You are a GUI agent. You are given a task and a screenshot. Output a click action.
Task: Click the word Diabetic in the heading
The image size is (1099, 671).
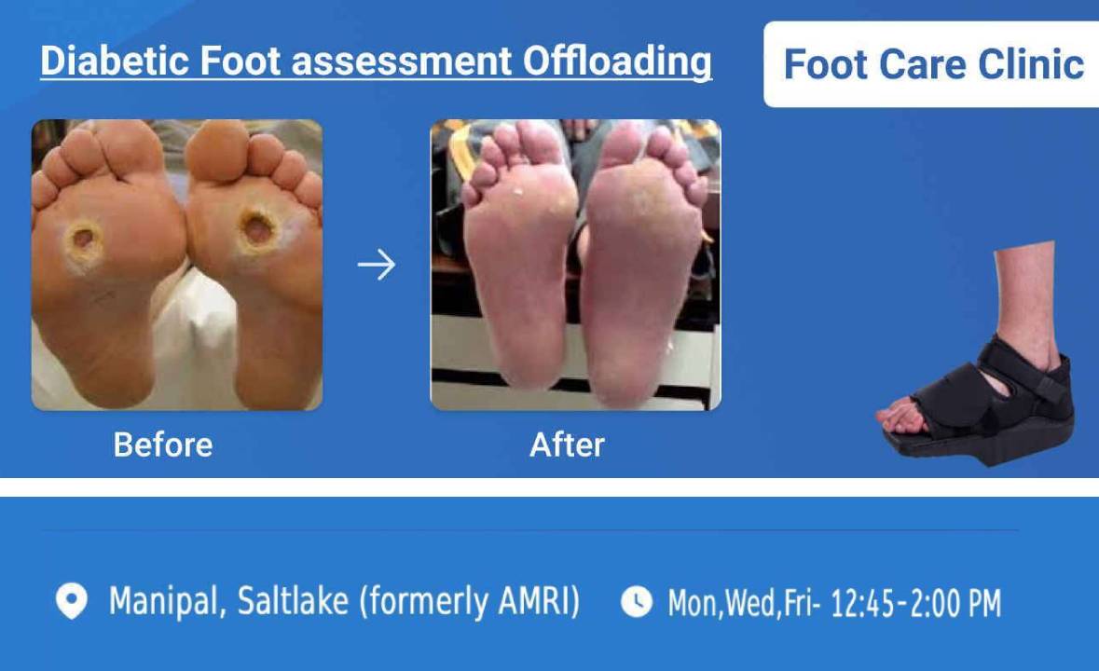click(114, 61)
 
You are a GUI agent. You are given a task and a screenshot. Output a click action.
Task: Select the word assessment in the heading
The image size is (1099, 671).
click(402, 61)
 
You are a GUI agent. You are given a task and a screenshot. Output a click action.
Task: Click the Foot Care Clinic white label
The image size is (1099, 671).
click(931, 64)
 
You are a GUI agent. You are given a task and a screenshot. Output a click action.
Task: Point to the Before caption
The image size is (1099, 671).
click(162, 445)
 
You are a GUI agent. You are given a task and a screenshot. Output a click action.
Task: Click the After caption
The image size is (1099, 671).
click(567, 445)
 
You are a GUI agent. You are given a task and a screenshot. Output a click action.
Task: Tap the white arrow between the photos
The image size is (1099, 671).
click(377, 265)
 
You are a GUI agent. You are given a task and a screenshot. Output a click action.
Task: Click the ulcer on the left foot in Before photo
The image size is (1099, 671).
click(84, 239)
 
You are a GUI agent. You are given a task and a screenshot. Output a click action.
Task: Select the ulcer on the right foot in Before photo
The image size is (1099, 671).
click(257, 229)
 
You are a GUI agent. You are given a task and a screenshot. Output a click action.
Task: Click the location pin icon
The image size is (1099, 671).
click(71, 601)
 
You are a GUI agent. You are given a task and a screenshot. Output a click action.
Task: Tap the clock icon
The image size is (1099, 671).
click(637, 602)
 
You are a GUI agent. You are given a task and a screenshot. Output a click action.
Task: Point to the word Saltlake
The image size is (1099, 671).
click(293, 601)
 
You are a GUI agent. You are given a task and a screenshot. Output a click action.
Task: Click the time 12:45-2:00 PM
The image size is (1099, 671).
click(915, 603)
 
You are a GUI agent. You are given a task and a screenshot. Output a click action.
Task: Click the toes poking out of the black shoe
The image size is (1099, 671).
click(900, 418)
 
